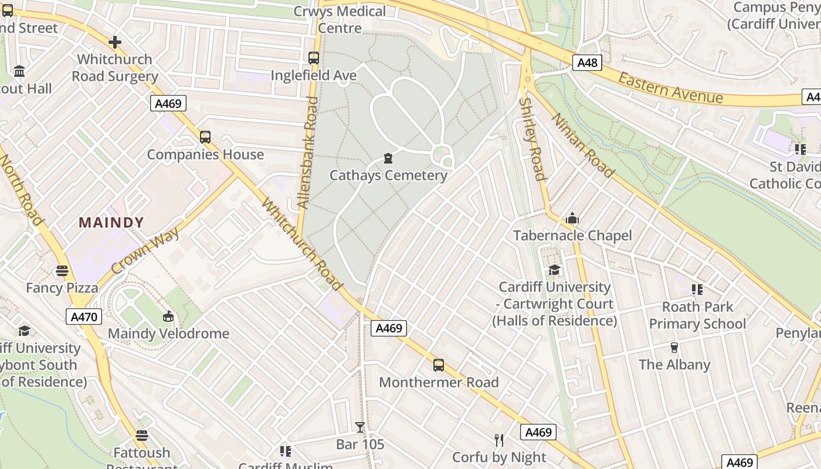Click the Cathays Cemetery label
(x=388, y=175)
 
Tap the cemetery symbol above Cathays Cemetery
(x=388, y=158)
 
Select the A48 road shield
(x=588, y=63)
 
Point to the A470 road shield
(x=85, y=317)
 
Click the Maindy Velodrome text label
(x=168, y=334)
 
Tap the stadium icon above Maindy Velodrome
(x=168, y=317)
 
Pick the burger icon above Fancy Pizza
(x=62, y=271)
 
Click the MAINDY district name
(x=111, y=223)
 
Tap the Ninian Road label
(x=583, y=145)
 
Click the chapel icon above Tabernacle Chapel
(x=572, y=219)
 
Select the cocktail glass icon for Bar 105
(x=360, y=427)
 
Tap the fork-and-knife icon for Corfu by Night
(x=499, y=440)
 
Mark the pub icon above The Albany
(x=674, y=348)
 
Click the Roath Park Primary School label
(x=697, y=315)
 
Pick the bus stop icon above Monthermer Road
(x=439, y=365)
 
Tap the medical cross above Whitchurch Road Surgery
(x=115, y=42)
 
